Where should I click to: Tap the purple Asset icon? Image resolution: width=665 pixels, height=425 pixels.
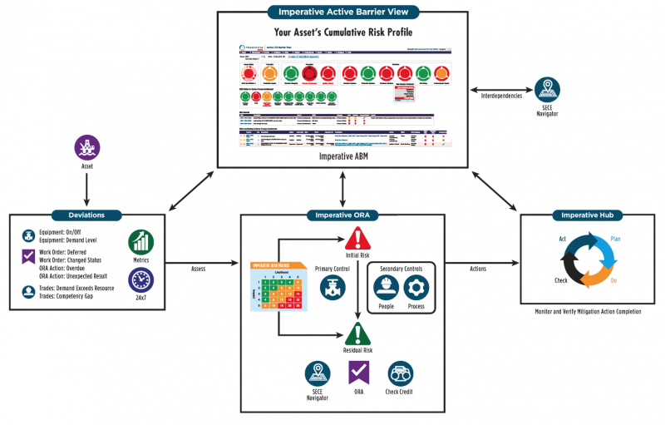[x=86, y=147]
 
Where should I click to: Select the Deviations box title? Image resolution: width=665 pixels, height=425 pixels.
[x=86, y=215]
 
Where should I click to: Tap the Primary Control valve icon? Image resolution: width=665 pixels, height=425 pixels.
[x=332, y=289]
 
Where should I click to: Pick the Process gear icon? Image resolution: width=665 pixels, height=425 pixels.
[x=416, y=289]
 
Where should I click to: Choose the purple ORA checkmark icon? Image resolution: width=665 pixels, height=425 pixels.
[x=358, y=373]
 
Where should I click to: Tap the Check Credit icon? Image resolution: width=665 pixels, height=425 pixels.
[x=401, y=373]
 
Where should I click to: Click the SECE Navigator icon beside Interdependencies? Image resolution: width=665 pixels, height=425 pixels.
[x=548, y=89]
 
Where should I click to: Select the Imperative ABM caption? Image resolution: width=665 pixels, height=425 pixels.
[x=343, y=156]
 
